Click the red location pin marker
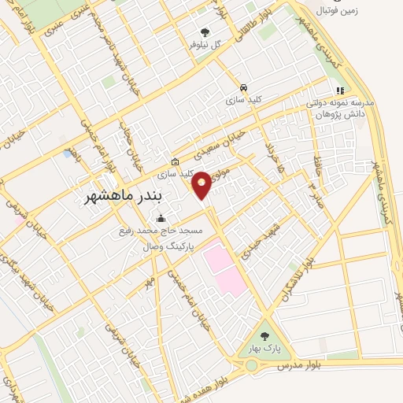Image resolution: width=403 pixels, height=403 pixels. pyautogui.click(x=201, y=183)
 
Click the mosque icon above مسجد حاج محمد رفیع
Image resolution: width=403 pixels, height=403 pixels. pyautogui.click(x=161, y=218)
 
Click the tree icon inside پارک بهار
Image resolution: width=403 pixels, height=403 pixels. pyautogui.click(x=264, y=336)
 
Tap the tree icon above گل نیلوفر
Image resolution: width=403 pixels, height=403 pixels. pyautogui.click(x=205, y=32)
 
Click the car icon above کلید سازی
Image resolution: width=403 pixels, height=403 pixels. pyautogui.click(x=243, y=87)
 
